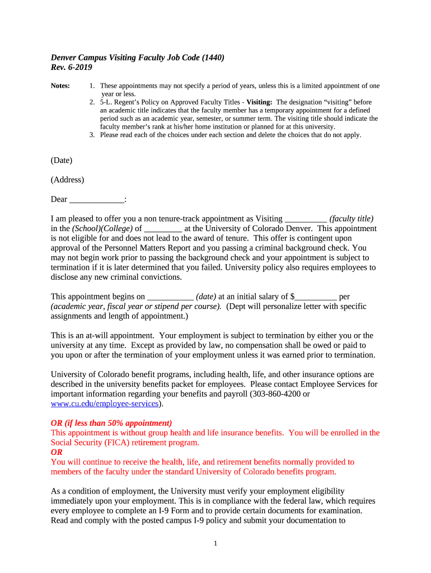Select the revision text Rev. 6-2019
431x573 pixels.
click(72, 67)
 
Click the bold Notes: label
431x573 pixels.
click(60, 86)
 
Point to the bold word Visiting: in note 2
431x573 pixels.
click(259, 102)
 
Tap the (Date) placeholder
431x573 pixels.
click(62, 161)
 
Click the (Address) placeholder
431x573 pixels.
click(67, 180)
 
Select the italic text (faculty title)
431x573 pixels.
click(351, 219)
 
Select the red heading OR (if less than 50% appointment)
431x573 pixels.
click(111, 423)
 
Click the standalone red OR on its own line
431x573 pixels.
click(57, 452)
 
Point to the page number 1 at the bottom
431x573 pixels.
click(215, 544)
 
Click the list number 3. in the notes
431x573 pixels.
click(92, 135)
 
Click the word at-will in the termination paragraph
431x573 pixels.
click(110, 336)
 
